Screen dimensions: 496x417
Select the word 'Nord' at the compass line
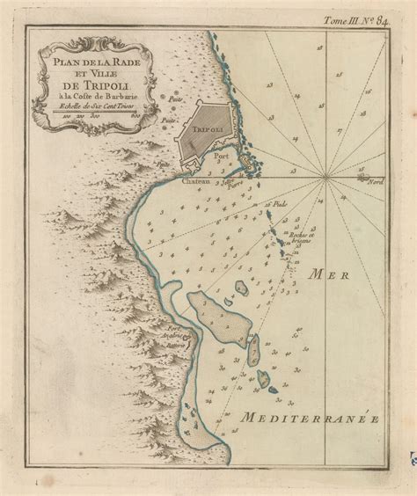pyautogui.click(x=377, y=181)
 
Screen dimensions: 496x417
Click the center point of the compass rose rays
pyautogui.click(x=327, y=177)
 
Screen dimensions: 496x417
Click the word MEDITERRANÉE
pyautogui.click(x=313, y=418)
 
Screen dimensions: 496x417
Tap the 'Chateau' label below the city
pyautogui.click(x=196, y=184)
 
